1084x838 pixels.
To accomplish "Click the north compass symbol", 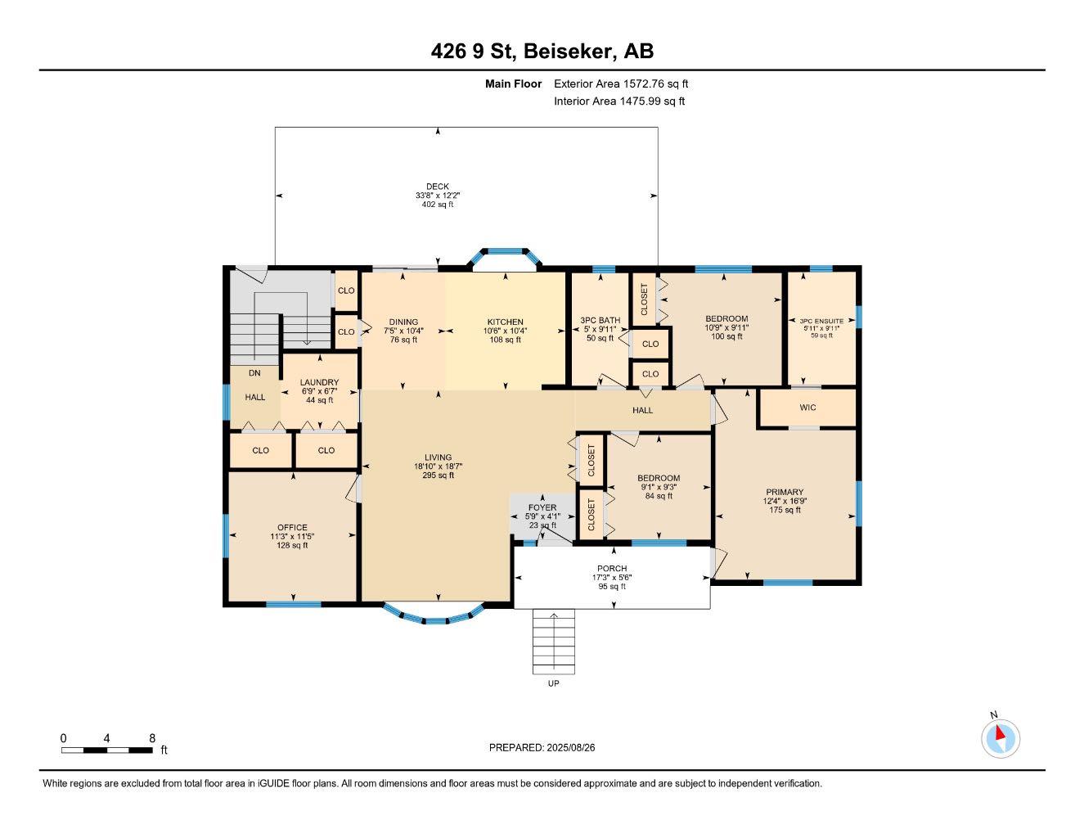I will coord(1000,738).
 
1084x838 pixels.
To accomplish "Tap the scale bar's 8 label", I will coord(152,737).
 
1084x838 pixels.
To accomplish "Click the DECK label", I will coord(438,187).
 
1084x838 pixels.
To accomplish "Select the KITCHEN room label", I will coord(505,322).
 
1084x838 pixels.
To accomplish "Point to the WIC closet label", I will coord(807,408).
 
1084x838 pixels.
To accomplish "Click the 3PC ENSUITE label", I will coord(821,322).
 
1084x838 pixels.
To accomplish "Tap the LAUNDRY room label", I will coord(319,382).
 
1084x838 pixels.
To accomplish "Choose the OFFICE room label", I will coord(292,527).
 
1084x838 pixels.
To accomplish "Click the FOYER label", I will coord(542,507).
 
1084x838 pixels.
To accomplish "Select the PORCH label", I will coord(612,568).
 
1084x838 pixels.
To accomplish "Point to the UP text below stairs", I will coord(554,683).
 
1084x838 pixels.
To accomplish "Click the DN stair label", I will coord(254,372).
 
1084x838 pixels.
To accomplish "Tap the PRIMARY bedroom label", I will coord(785,492).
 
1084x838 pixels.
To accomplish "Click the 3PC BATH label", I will coord(600,320).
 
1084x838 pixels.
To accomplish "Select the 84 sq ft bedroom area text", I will coord(659,496).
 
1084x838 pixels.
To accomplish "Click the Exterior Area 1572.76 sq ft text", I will coord(621,83).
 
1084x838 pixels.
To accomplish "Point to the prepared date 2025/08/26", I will coord(573,747).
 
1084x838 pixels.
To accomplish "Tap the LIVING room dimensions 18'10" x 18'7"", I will coord(439,466).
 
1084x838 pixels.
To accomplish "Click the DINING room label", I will coord(403,322).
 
